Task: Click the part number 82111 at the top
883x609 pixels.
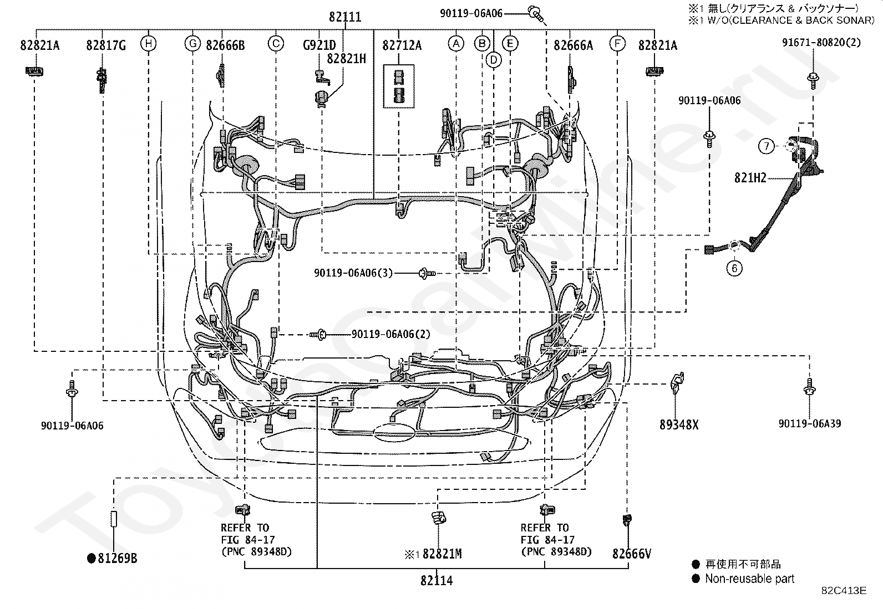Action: tap(344, 17)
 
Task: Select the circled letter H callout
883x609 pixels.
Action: tap(148, 44)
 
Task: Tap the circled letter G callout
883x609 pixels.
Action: tap(192, 44)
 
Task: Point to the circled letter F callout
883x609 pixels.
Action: tap(617, 44)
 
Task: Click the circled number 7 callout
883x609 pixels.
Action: tap(766, 146)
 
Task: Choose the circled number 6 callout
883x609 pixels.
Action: tap(734, 268)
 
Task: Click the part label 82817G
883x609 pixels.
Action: tap(105, 45)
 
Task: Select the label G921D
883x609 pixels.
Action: tap(319, 45)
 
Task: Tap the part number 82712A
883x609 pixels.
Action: tap(402, 45)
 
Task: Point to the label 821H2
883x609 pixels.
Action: tap(750, 178)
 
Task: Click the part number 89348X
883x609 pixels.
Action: tap(679, 424)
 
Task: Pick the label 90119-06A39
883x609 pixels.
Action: tap(809, 424)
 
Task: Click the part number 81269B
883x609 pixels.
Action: tap(117, 558)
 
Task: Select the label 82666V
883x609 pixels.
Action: tap(631, 553)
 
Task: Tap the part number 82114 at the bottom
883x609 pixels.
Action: tap(437, 581)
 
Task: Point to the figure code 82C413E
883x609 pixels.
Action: tap(844, 591)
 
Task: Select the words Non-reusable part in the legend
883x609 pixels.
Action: tap(749, 579)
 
